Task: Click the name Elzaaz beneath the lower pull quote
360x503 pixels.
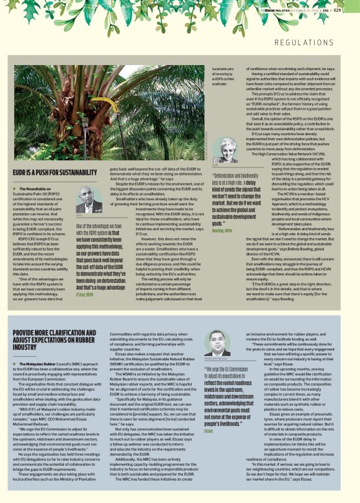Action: [209, 412]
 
